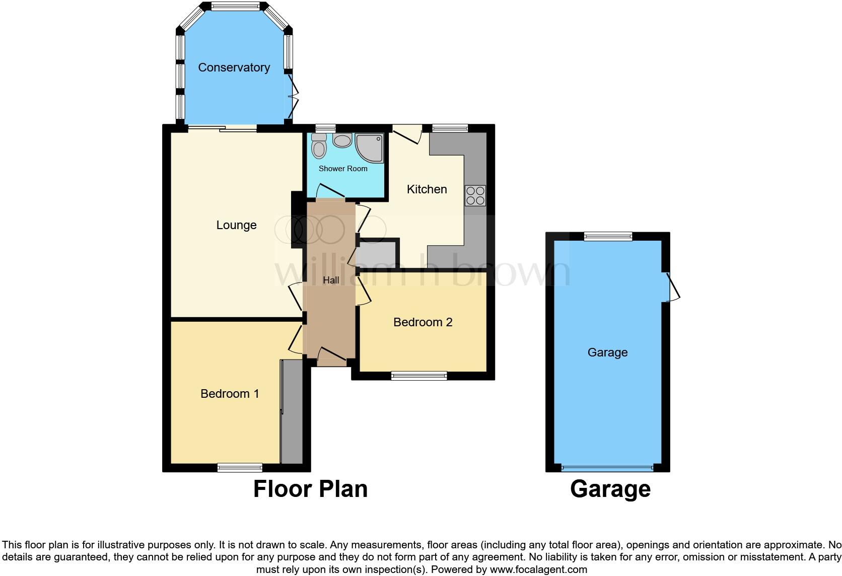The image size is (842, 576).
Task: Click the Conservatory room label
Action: click(x=234, y=67)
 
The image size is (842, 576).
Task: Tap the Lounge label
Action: click(x=236, y=225)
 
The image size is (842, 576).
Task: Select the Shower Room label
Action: click(x=343, y=169)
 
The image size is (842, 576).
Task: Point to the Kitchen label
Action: click(x=427, y=189)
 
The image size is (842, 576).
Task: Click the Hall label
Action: click(x=331, y=280)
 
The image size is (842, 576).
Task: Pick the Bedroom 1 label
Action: click(x=230, y=394)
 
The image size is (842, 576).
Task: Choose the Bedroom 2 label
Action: click(x=423, y=322)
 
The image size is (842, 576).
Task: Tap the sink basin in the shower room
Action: click(x=342, y=140)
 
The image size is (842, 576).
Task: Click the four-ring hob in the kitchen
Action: click(x=475, y=195)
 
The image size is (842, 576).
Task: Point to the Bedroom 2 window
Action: click(x=419, y=375)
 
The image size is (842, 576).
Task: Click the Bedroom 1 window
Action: click(x=240, y=468)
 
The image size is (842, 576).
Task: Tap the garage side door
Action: click(x=672, y=287)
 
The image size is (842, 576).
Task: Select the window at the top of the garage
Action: click(x=608, y=236)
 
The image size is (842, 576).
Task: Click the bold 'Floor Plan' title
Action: click(x=310, y=489)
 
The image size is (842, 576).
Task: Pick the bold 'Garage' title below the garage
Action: click(x=610, y=489)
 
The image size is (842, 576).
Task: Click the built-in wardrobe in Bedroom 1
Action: click(x=292, y=411)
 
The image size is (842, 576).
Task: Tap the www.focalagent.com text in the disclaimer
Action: click(x=538, y=570)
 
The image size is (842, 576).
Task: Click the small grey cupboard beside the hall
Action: click(x=377, y=255)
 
